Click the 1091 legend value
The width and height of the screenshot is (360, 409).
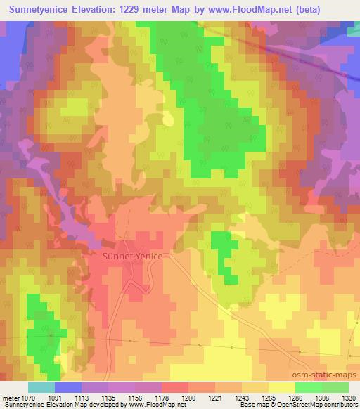pos(55,397)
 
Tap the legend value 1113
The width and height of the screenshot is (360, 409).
pos(82,397)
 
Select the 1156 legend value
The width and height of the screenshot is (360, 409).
pos(135,397)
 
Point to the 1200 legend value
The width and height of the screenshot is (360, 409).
pos(188,397)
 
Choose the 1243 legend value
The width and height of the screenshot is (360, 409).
pos(242,397)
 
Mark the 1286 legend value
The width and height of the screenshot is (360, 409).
pos(295,397)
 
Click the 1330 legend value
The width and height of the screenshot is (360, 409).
pos(349,397)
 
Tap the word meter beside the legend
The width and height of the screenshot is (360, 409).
pos(9,397)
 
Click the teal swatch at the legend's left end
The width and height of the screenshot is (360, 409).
pos(41,387)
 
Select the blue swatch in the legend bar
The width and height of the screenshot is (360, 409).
pos(68,387)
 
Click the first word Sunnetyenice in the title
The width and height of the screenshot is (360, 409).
pos(38,10)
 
